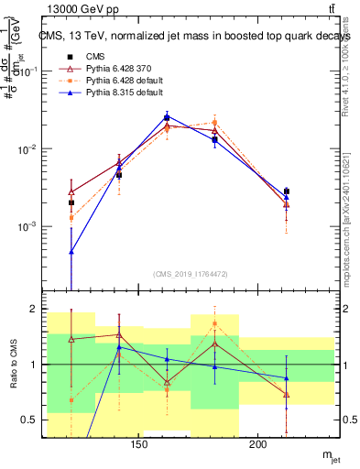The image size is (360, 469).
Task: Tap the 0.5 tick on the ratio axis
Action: click(31, 420)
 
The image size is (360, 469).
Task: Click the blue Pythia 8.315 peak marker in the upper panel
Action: click(167, 116)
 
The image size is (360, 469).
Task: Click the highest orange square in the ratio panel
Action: click(214, 323)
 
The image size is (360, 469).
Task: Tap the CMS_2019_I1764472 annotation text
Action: click(191, 274)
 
